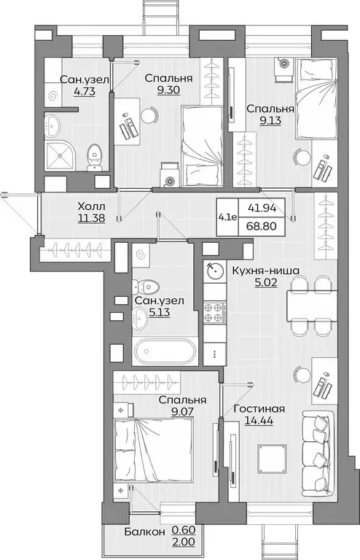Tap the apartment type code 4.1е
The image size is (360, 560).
tap(227, 217)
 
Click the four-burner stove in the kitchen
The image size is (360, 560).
tap(214, 313)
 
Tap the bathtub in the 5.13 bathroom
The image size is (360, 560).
tap(164, 351)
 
